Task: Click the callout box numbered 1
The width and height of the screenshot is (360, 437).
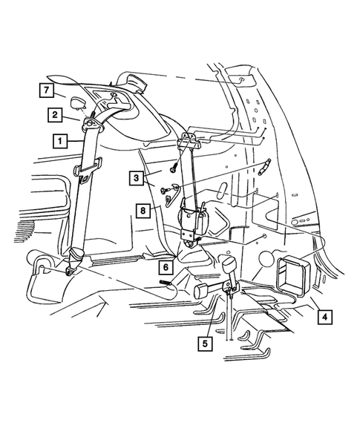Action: pos(57,139)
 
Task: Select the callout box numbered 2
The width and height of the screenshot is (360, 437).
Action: pos(56,114)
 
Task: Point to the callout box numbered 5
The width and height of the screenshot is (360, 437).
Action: pos(202,343)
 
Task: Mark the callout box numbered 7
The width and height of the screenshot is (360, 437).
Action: pos(46,91)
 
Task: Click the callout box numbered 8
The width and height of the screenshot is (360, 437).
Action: pos(143,210)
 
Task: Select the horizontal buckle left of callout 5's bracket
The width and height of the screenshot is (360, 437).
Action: pos(201,290)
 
